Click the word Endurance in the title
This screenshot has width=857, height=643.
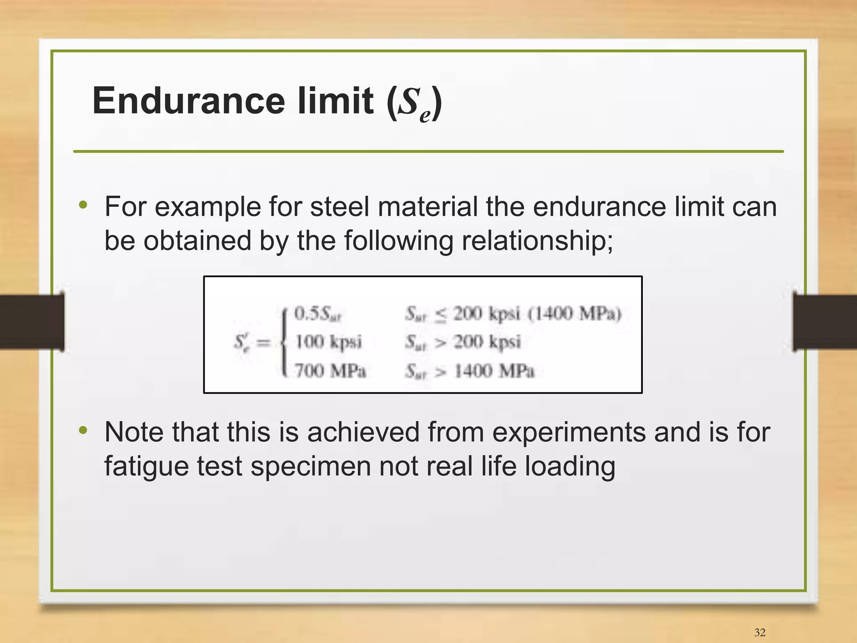coord(188,101)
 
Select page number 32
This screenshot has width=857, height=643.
coord(760,632)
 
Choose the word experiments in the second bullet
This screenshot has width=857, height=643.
coord(569,432)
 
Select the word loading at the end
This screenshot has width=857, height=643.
coord(570,466)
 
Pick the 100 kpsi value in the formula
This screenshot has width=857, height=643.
coord(328,342)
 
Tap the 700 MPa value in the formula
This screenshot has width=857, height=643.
coord(330,371)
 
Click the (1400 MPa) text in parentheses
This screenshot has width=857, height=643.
coord(575,313)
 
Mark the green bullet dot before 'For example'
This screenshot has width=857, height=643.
coord(83,205)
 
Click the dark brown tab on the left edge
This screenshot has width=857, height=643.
coord(32,322)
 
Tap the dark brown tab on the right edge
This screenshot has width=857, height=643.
coord(825,322)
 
